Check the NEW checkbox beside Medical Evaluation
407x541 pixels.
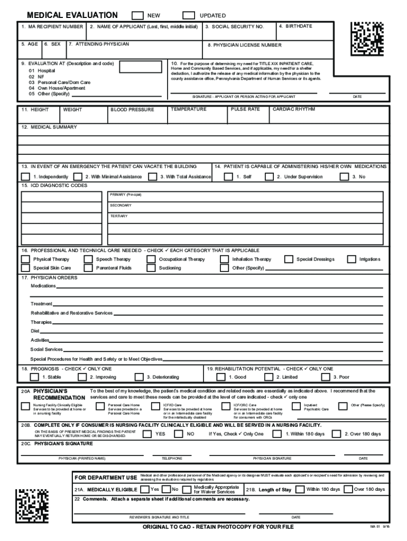click(x=137, y=15)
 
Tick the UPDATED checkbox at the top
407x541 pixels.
click(x=188, y=15)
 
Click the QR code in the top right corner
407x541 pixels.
click(x=368, y=38)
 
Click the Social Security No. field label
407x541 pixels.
click(x=234, y=26)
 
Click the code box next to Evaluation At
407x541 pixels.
click(x=138, y=67)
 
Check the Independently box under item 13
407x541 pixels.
click(x=25, y=176)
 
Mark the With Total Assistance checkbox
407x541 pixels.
click(x=153, y=176)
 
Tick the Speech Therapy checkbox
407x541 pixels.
click(x=88, y=259)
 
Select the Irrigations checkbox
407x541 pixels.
click(x=351, y=259)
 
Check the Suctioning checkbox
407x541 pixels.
click(x=151, y=268)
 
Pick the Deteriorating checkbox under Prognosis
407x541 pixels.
click(x=139, y=377)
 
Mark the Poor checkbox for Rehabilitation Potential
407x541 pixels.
click(x=326, y=377)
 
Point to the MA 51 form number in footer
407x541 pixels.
click(x=377, y=527)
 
